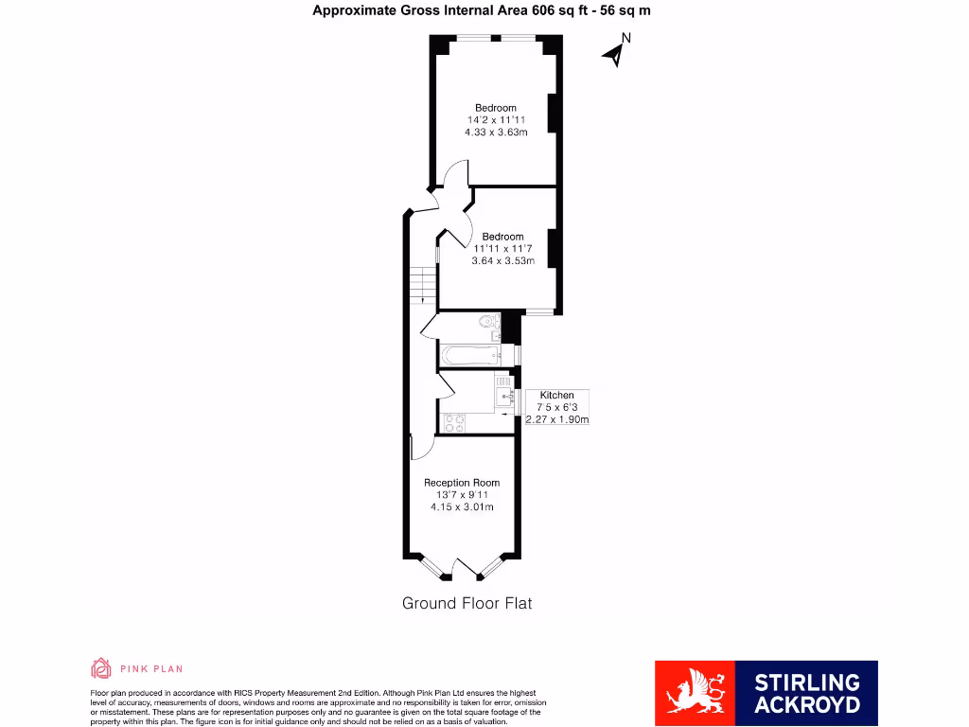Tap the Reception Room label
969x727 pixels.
coord(462,483)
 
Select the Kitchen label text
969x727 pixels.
coord(556,395)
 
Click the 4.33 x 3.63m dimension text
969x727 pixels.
coord(496,133)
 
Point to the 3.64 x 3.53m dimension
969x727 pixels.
coord(502,261)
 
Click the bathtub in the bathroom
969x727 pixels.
coord(469,356)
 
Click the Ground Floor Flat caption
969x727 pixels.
coord(467,603)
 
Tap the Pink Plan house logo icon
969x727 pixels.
coord(101,668)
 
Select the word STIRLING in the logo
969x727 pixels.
coord(807,683)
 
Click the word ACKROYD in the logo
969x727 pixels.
coord(807,704)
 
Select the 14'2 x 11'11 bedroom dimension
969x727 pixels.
coord(496,120)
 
